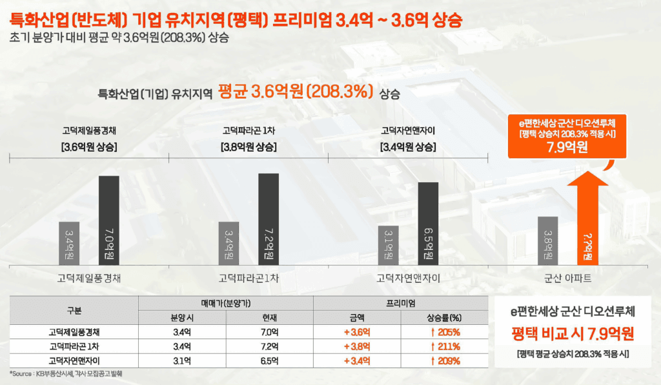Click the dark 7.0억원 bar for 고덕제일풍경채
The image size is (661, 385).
tap(108, 220)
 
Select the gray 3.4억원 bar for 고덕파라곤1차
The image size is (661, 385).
tap(229, 243)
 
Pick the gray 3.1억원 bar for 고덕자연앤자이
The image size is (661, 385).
tap(388, 245)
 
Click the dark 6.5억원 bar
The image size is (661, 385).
tap(428, 223)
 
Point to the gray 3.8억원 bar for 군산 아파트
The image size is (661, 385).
tap(547, 240)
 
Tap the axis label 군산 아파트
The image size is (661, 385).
tap(568, 278)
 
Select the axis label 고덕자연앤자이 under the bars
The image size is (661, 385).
tap(408, 278)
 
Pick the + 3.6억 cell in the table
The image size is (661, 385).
tap(357, 332)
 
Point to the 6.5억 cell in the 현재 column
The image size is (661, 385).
tap(269, 360)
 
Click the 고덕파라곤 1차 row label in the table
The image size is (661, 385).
tap(74, 346)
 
